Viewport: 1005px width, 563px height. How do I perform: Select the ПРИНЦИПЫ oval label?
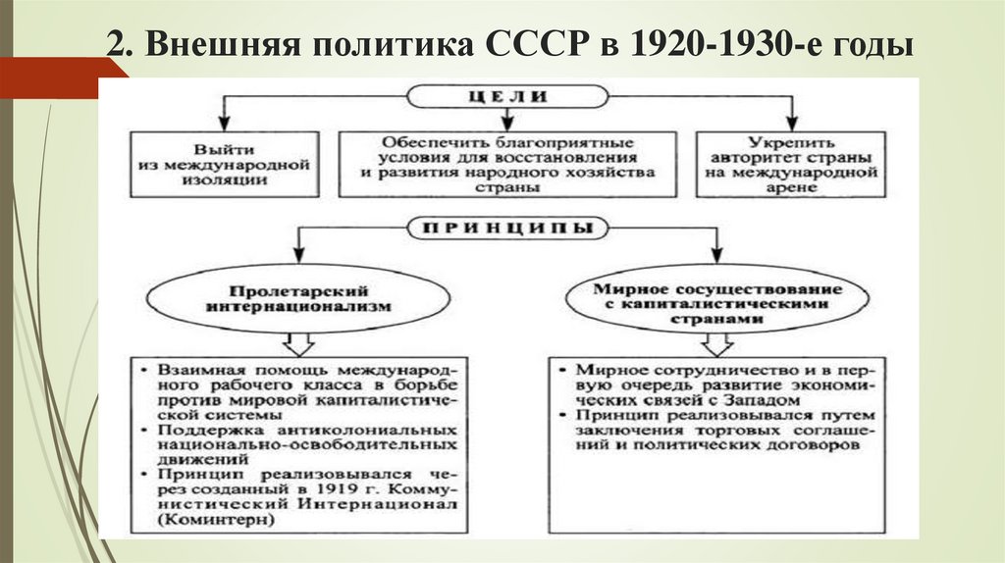coord(508,229)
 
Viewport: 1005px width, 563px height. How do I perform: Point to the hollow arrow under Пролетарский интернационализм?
coord(297,344)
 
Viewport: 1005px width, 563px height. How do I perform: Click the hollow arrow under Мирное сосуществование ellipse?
coord(717,344)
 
